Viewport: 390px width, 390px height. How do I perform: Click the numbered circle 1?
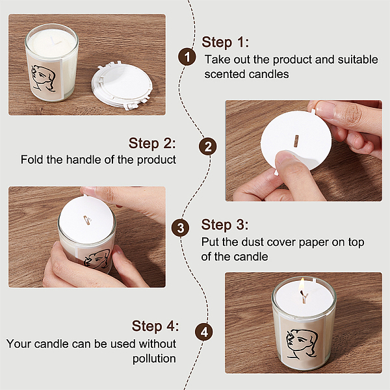[x=187, y=57]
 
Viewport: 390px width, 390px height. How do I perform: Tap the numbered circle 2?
[x=207, y=146]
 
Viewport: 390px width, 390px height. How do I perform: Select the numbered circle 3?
[x=180, y=227]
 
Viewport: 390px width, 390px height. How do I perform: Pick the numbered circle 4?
[x=203, y=331]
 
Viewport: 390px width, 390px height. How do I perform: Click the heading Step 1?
[x=225, y=42]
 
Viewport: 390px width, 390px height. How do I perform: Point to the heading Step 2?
[x=152, y=144]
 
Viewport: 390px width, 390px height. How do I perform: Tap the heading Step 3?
[x=225, y=225]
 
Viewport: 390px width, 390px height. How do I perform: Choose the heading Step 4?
[x=155, y=326]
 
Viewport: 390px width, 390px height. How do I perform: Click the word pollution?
[x=154, y=359]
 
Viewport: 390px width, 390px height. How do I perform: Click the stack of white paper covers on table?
[x=122, y=86]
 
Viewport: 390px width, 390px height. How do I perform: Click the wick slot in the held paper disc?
[x=296, y=141]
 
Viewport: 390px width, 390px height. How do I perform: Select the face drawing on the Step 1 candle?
[x=44, y=78]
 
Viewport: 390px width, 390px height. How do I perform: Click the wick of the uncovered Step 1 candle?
[x=55, y=42]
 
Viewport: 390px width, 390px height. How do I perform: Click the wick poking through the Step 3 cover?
[x=87, y=220]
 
